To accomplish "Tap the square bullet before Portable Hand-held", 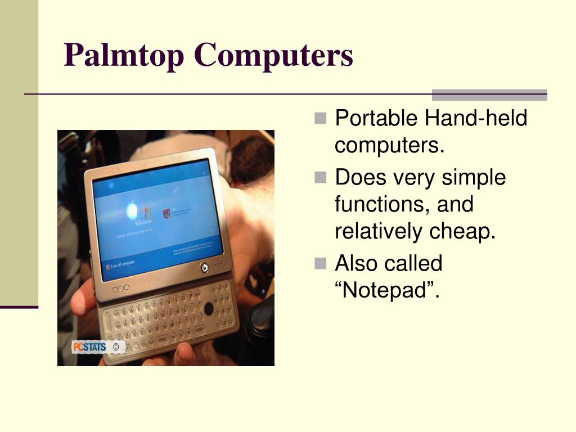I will pyautogui.click(x=321, y=119).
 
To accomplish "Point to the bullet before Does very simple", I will pyautogui.click(x=321, y=178).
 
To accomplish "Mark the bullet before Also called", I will pyautogui.click(x=321, y=263).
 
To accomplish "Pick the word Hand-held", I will pyautogui.click(x=476, y=119).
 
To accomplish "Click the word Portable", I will pyautogui.click(x=376, y=119).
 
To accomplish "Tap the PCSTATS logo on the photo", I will pyautogui.click(x=89, y=347).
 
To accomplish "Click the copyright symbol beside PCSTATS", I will pyautogui.click(x=116, y=348).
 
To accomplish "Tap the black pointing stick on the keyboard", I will pyautogui.click(x=209, y=308).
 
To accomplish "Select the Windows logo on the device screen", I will pyautogui.click(x=147, y=213).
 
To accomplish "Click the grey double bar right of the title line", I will pyautogui.click(x=489, y=94).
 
